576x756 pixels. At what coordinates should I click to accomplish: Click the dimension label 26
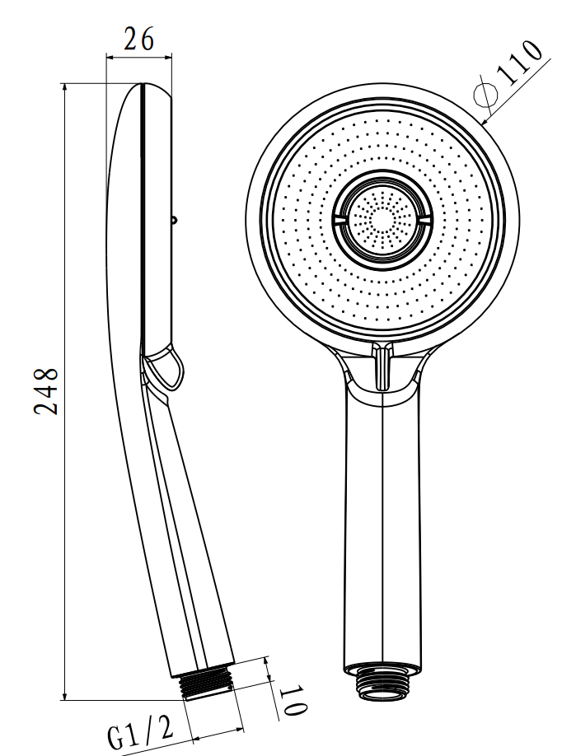click(139, 40)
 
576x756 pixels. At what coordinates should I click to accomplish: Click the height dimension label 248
click(46, 391)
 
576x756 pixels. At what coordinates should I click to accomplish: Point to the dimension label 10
click(293, 701)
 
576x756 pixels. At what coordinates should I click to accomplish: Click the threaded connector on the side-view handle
click(206, 684)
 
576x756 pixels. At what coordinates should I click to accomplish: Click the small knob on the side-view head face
click(174, 220)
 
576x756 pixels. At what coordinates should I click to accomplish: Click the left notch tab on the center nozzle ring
click(340, 219)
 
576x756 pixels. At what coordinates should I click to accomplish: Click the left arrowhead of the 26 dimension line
click(110, 58)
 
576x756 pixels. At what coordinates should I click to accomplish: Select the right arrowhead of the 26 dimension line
click(167, 58)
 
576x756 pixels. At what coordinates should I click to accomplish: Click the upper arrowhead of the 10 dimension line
click(266, 661)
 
